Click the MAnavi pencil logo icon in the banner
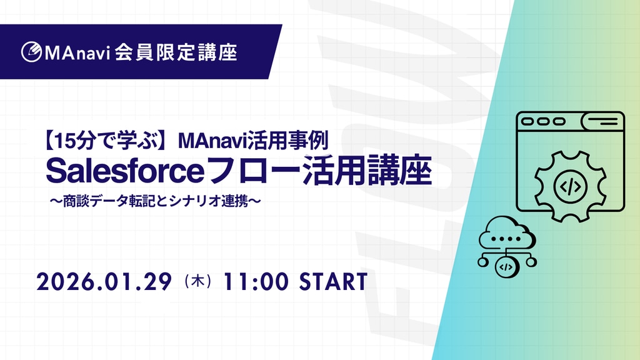point(31,52)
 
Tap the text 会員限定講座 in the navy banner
point(176,52)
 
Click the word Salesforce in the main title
point(125,171)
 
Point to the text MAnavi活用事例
point(253,141)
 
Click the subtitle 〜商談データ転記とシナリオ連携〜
point(155,201)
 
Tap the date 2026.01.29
point(104,282)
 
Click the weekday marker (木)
point(198,281)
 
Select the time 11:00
point(256,282)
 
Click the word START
point(334,282)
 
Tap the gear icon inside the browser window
point(570,186)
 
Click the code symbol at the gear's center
point(570,186)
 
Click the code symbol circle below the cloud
point(506,267)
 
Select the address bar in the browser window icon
point(602,121)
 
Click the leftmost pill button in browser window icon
point(527,121)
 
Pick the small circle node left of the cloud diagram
point(483,262)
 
